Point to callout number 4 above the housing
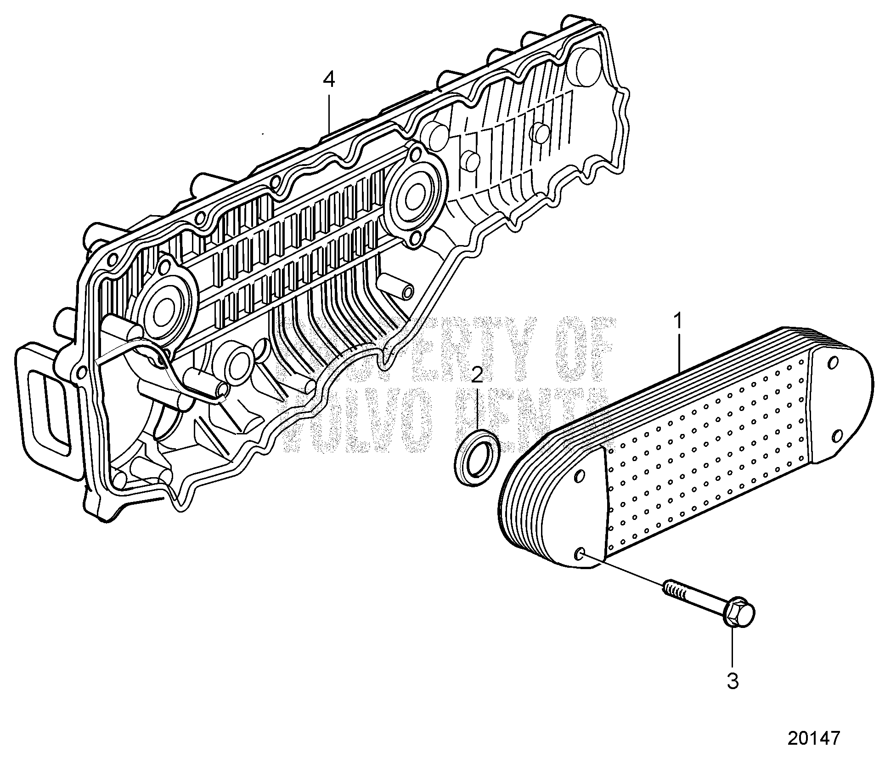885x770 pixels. pyautogui.click(x=329, y=80)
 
